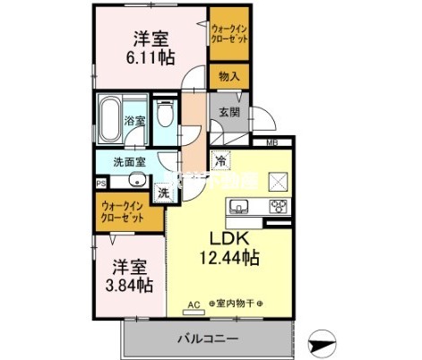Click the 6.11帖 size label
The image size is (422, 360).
(151, 58)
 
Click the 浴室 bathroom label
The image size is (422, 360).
(135, 119)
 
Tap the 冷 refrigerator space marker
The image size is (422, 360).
(219, 161)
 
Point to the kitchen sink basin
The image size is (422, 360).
(239, 209)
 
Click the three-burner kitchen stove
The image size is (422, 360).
(277, 209)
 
